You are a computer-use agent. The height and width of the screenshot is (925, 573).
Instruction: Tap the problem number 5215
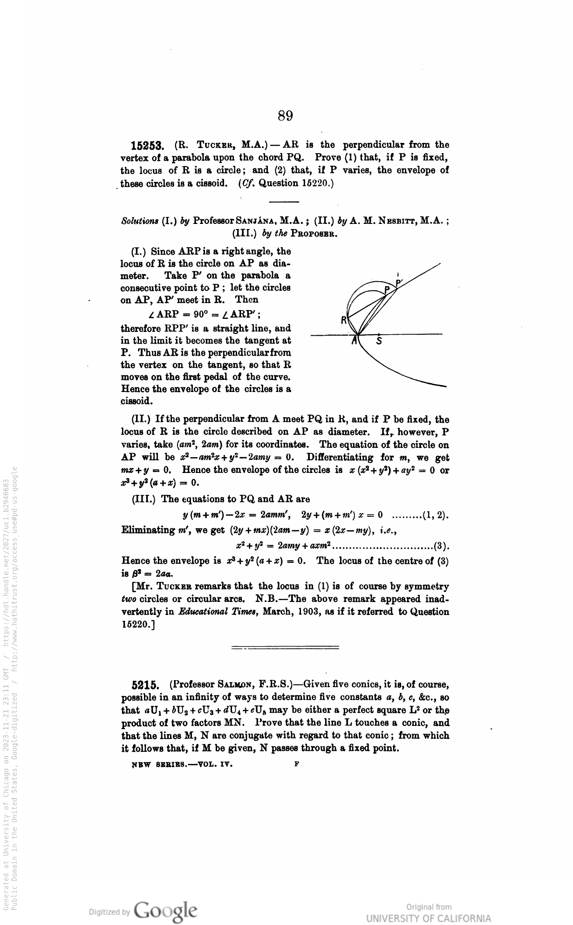click(146, 685)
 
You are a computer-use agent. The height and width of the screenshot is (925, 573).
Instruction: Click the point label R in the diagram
click(344, 320)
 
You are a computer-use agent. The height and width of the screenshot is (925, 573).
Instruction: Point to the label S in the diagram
click(379, 341)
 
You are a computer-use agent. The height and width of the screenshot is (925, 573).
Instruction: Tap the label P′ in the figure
click(399, 283)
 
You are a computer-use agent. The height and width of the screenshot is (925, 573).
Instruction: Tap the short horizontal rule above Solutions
click(284, 202)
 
